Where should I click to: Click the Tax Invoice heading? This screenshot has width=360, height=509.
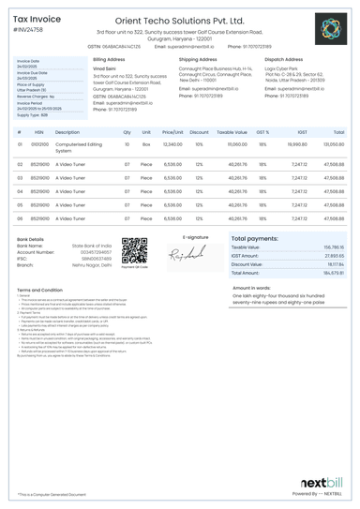[37, 18]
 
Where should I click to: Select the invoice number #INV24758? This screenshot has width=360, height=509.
[31, 30]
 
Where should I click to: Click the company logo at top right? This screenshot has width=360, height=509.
[331, 28]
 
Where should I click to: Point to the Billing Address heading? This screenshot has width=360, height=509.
[111, 58]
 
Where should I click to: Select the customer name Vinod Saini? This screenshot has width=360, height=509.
[105, 68]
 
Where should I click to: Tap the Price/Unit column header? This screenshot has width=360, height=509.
[172, 132]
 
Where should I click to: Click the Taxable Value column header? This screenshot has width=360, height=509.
[232, 132]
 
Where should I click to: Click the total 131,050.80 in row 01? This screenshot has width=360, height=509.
[333, 145]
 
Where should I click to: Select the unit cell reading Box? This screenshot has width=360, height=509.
[145, 145]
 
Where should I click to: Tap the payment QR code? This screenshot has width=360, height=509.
[134, 251]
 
